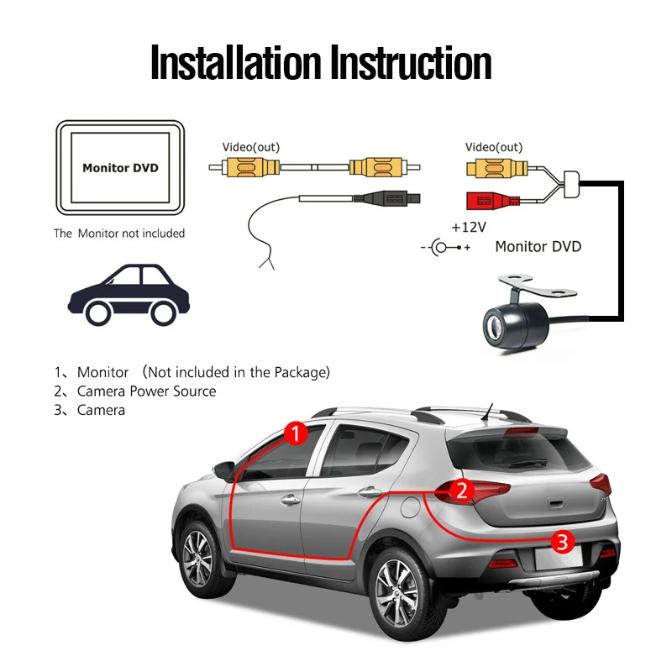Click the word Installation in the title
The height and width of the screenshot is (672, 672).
(235, 64)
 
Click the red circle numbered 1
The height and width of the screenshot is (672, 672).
(295, 433)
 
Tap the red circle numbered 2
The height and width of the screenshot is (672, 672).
(460, 490)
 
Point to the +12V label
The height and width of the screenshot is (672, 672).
(467, 228)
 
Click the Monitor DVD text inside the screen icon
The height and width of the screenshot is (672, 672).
(120, 168)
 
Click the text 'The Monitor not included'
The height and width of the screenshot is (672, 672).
(119, 234)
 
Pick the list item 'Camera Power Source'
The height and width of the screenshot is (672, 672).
(146, 391)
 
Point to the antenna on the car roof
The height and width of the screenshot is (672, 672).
(488, 412)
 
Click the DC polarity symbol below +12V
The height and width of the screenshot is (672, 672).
(444, 248)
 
